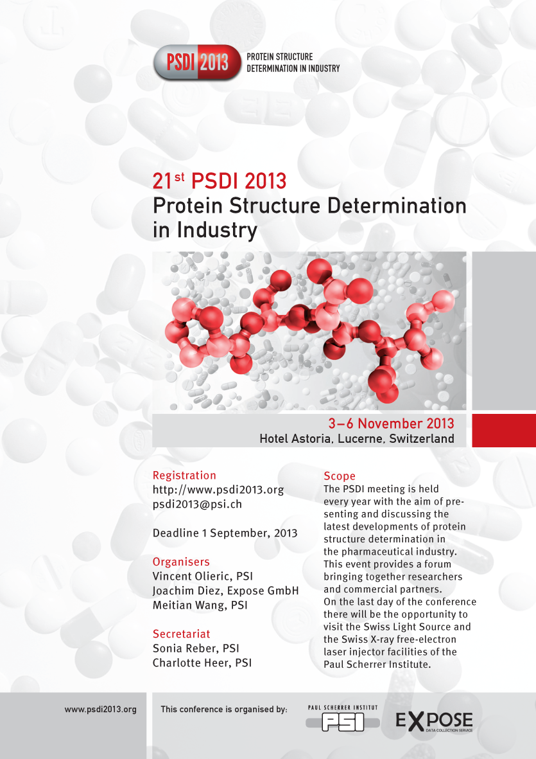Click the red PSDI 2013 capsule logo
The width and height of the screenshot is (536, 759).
(x=196, y=62)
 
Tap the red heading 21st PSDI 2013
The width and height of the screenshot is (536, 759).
(x=220, y=181)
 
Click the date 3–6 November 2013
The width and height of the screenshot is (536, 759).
(x=391, y=424)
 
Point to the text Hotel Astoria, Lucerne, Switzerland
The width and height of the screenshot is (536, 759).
(x=357, y=438)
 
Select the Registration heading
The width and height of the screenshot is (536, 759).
(x=184, y=476)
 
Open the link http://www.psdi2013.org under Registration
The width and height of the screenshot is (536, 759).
(x=218, y=489)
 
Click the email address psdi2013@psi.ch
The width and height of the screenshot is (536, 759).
(x=197, y=504)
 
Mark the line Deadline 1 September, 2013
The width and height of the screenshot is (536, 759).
(x=225, y=533)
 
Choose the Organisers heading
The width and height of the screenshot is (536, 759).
(x=181, y=562)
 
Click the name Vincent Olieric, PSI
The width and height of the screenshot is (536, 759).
(x=202, y=576)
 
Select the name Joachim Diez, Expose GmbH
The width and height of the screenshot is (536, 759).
(x=226, y=591)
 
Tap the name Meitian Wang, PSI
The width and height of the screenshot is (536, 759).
(x=200, y=605)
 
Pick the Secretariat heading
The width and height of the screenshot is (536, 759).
(x=181, y=634)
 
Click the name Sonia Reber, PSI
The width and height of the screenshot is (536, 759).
(x=196, y=648)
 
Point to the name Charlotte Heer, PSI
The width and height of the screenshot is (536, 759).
(x=202, y=663)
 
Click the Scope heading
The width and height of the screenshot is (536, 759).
(x=340, y=476)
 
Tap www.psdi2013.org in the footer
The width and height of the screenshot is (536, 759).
(x=101, y=710)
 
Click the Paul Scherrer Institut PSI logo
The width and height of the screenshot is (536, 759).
(x=343, y=719)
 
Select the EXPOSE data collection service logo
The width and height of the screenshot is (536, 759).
(x=434, y=722)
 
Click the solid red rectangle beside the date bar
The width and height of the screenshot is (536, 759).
(x=504, y=431)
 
